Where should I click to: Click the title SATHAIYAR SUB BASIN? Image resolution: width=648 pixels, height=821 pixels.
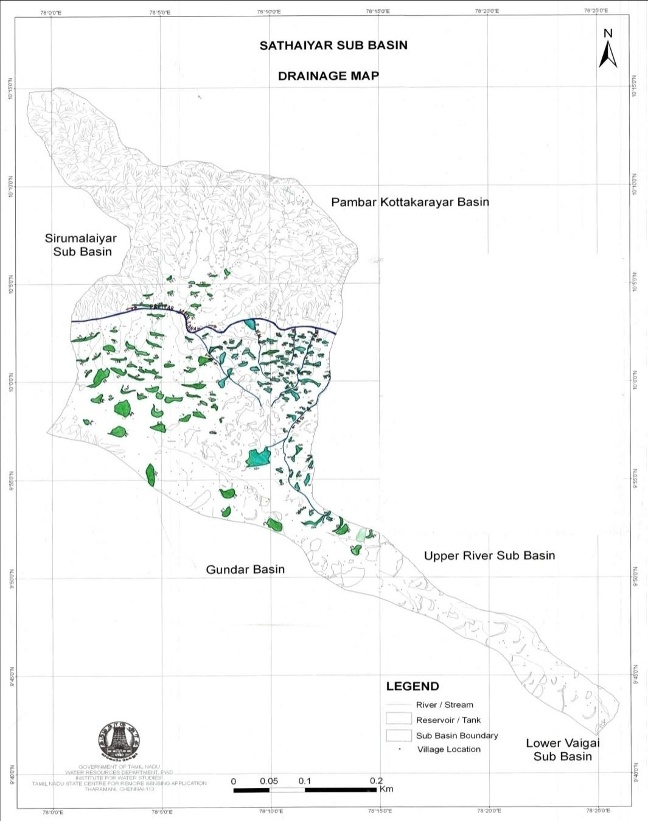point(333,46)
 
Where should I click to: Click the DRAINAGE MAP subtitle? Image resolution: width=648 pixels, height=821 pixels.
point(328,76)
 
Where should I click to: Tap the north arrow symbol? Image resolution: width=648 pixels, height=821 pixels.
point(608,49)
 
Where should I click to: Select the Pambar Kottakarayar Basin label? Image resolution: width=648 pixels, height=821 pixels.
point(409,202)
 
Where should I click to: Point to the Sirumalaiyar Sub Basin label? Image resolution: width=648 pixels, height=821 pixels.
point(81,245)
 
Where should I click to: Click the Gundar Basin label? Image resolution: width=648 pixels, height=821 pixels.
point(245,570)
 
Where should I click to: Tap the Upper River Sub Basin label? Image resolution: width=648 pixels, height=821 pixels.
point(489,556)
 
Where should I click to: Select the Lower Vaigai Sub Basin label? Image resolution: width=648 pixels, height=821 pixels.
point(562,750)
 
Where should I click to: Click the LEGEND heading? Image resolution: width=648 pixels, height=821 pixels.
point(413,686)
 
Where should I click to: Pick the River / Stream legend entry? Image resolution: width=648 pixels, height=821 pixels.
point(444,705)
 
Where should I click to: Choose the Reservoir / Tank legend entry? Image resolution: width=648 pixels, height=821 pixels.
point(448,720)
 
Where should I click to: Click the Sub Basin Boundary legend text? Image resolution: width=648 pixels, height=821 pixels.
point(457,735)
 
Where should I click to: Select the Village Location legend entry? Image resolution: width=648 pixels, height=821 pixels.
point(448,749)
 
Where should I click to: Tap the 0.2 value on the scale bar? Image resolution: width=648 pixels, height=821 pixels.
point(377,781)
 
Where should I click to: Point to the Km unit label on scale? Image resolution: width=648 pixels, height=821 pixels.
point(386,789)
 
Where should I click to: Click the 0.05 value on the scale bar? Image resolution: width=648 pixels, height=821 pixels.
point(269,781)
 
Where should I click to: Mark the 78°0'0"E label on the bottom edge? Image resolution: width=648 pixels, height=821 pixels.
point(52,811)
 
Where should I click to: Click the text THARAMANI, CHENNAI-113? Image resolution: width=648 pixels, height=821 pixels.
point(119,789)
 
